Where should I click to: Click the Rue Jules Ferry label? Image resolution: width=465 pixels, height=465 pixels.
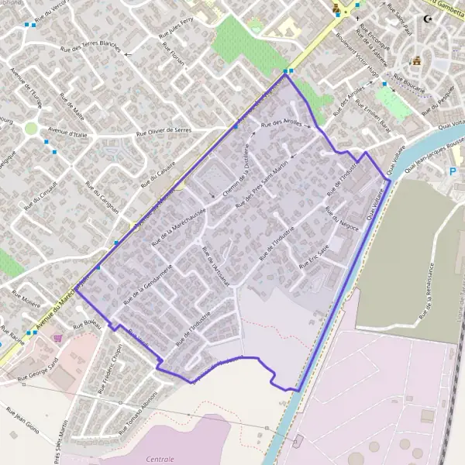177,33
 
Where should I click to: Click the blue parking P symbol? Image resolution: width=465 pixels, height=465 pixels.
453,172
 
